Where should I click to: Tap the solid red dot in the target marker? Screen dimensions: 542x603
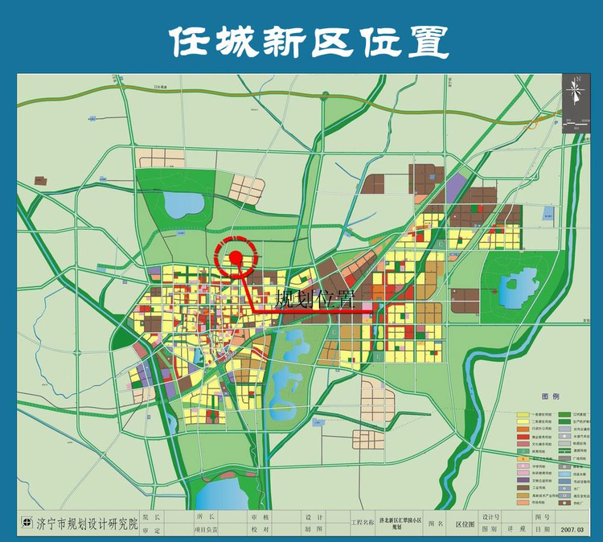tap(236, 257)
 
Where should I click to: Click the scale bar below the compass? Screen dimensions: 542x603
tap(576, 121)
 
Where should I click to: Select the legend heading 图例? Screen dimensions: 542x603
tap(550, 397)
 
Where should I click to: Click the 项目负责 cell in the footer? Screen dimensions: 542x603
tap(207, 530)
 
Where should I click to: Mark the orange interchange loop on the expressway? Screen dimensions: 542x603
tap(533, 124)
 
